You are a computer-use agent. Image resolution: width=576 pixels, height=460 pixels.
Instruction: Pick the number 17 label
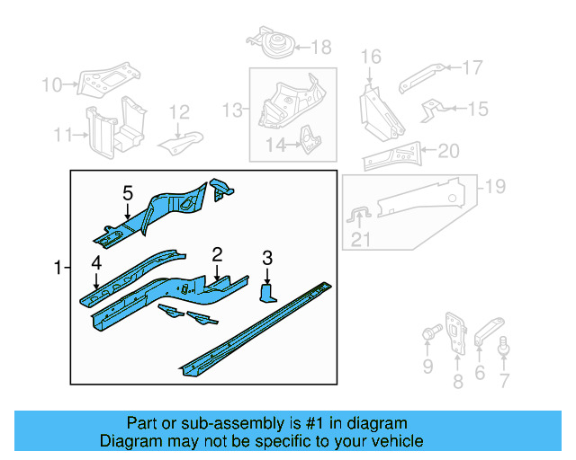pos(472,66)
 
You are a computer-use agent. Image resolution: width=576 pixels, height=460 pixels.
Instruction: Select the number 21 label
pos(361,239)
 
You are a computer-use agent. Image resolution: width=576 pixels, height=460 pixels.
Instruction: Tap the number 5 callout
pos(127,193)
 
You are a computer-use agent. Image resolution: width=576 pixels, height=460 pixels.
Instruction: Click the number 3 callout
pos(267,260)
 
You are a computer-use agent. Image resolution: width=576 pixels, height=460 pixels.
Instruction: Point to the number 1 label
pos(58,268)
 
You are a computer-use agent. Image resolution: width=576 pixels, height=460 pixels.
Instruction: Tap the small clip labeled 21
pos(358,214)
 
